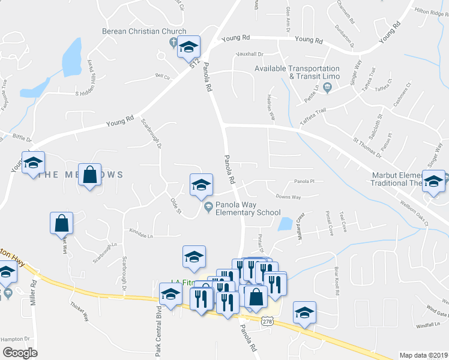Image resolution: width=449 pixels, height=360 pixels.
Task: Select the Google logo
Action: click(x=20, y=352)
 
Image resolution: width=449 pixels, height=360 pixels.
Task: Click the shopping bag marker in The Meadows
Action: click(x=89, y=175)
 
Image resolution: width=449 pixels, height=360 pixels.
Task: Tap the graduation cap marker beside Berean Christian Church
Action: click(x=189, y=47)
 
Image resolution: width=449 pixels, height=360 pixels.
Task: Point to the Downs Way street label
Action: click(x=288, y=196)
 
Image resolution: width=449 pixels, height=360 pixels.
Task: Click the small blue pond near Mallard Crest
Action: click(x=285, y=224)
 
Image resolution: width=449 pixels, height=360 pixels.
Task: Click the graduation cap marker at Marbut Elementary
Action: click(x=433, y=181)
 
